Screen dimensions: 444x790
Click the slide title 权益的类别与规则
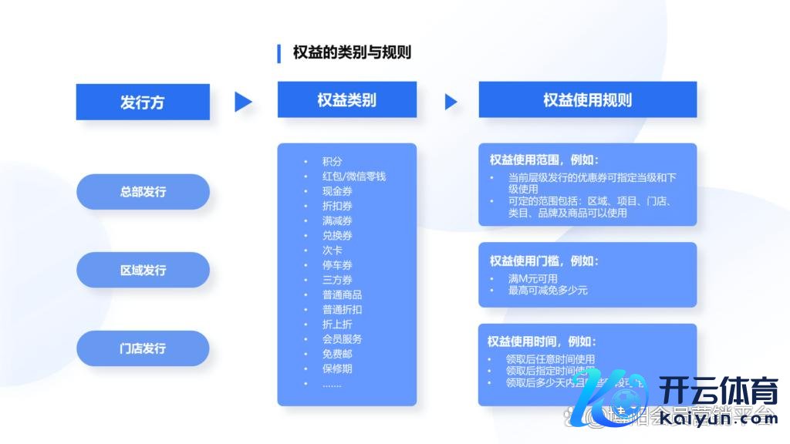352,52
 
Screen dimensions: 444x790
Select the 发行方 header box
143,102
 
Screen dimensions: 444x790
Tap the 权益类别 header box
346,100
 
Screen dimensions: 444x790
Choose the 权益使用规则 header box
587,100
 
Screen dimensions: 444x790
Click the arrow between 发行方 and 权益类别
243,102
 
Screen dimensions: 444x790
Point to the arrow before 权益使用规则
451,102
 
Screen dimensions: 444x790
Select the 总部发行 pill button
143,192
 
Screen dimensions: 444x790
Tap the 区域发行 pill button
143,271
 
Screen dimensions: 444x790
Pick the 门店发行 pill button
143,348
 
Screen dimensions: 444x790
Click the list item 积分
333,162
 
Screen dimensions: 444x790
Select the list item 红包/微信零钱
354,177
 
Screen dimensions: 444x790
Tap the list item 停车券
338,265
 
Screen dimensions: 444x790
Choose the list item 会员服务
343,339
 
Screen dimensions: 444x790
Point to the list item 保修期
338,368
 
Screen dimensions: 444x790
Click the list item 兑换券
338,236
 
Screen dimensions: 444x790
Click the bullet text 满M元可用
532,278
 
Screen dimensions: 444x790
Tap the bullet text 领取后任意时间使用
551,359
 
